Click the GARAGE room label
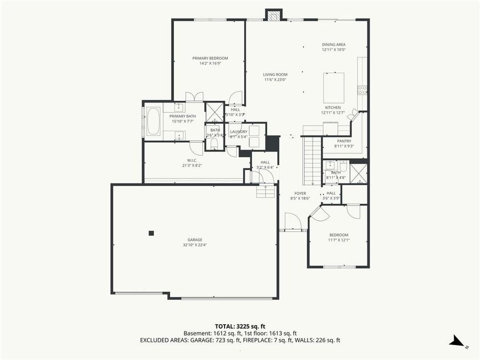pyautogui.click(x=195, y=239)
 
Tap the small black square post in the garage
pyautogui.click(x=151, y=233)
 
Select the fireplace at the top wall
pyautogui.click(x=274, y=15)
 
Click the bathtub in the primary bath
pyautogui.click(x=153, y=121)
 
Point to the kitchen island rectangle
pyautogui.click(x=333, y=87)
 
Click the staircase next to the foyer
pyautogui.click(x=312, y=160)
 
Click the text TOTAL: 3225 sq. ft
pyautogui.click(x=240, y=325)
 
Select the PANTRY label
pyautogui.click(x=344, y=141)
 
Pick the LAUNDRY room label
pyautogui.click(x=238, y=131)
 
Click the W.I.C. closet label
pyautogui.click(x=193, y=160)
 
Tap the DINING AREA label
pyautogui.click(x=334, y=44)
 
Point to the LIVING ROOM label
pyautogui.click(x=275, y=75)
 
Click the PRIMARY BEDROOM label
pyautogui.click(x=210, y=58)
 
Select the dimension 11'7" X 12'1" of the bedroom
pyautogui.click(x=339, y=241)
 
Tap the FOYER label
pyautogui.click(x=300, y=193)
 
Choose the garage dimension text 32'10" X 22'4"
pyautogui.click(x=195, y=245)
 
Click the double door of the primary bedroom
pyautogui.click(x=194, y=97)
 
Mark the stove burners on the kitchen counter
pyautogui.click(x=362, y=90)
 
